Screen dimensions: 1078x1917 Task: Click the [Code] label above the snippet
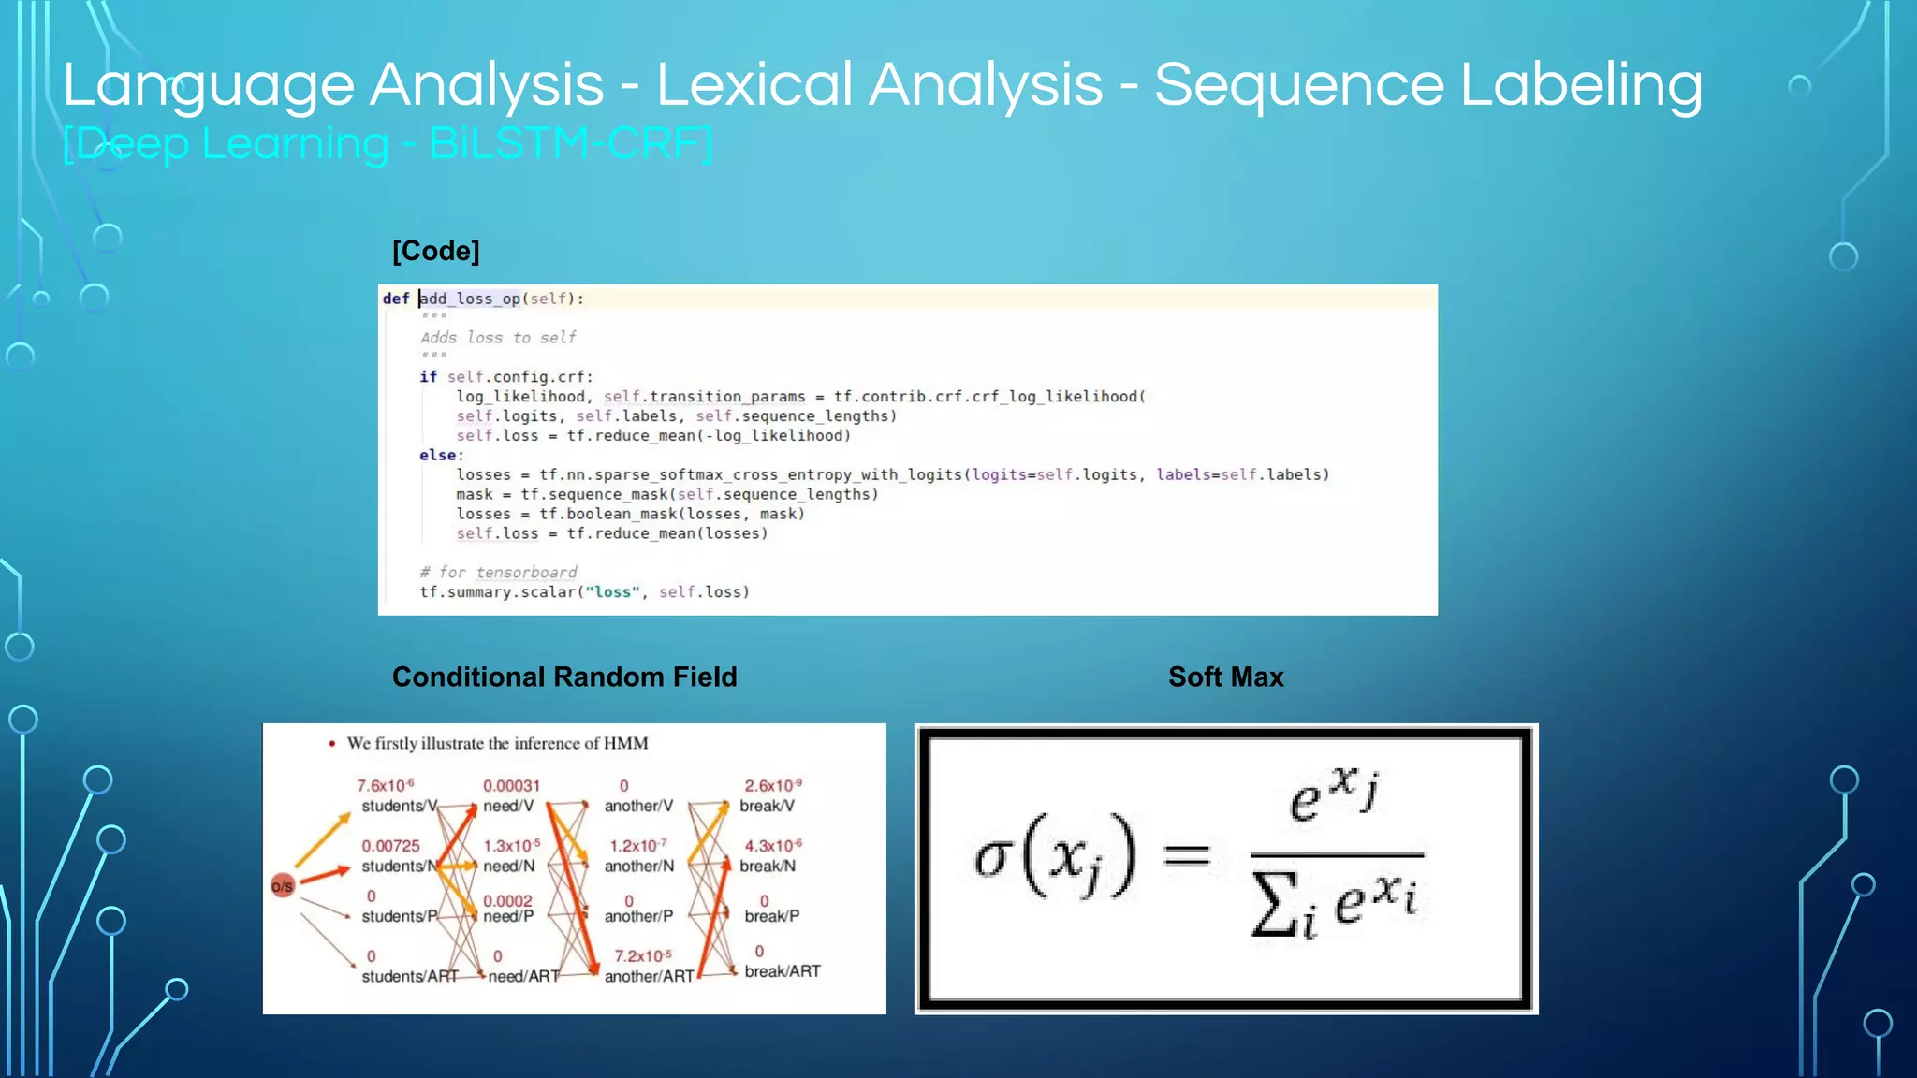coord(435,251)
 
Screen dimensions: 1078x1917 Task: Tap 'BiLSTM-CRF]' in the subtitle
coord(571,144)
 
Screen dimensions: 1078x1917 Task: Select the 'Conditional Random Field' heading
coord(564,677)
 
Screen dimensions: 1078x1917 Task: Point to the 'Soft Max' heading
coord(1225,677)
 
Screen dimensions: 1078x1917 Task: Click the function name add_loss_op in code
coord(470,299)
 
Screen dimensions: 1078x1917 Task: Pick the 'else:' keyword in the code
coord(441,455)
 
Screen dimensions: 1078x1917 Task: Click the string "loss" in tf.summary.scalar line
coord(613,592)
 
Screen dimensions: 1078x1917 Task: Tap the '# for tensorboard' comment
coord(498,572)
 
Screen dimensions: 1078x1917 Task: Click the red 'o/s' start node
coord(283,885)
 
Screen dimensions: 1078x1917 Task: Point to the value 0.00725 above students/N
coord(390,846)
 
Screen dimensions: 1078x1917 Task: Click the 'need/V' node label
coord(508,806)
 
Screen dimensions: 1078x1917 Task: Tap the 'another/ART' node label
coord(649,976)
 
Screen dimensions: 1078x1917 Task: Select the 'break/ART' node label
coord(782,971)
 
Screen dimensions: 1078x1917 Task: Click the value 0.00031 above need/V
coord(511,786)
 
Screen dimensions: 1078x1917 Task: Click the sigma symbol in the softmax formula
coord(993,855)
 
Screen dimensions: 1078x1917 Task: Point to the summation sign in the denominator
coord(1276,906)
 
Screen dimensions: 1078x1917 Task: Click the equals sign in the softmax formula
coord(1187,853)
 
